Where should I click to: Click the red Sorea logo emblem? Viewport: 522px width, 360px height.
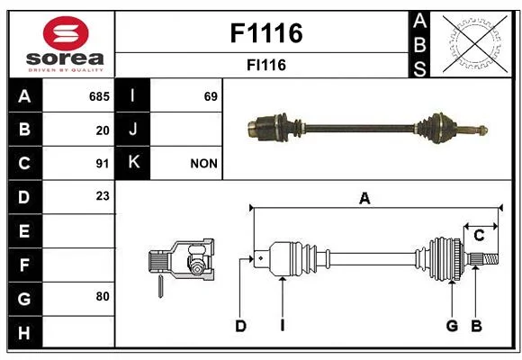[x=66, y=33]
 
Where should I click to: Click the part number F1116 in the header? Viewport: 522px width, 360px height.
[x=266, y=33]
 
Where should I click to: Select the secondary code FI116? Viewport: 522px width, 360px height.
[x=266, y=65]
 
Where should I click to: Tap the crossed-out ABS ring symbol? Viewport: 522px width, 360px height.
[x=475, y=43]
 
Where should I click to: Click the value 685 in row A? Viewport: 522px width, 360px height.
[x=99, y=96]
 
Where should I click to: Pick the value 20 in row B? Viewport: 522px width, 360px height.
[x=103, y=130]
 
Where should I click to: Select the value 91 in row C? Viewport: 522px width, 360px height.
[x=103, y=164]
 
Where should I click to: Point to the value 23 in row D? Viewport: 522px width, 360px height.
[x=103, y=196]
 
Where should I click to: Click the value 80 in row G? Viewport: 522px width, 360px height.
[x=103, y=296]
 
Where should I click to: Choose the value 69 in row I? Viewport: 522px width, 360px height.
[x=211, y=96]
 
